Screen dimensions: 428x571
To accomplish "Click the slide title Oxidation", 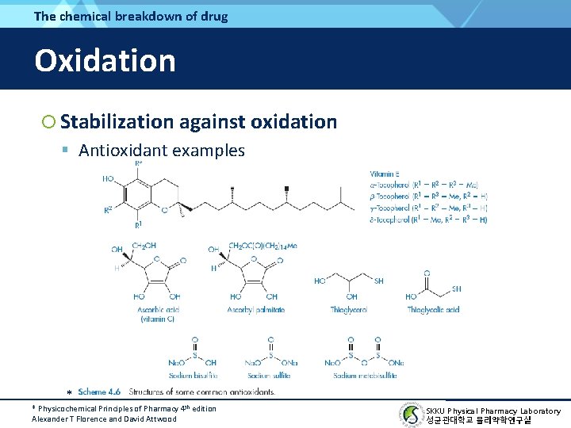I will click(105, 60).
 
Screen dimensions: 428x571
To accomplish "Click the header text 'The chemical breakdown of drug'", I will click(131, 16).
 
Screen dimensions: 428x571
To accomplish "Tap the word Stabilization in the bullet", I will click(116, 121).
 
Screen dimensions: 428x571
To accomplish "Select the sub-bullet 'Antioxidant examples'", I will click(162, 150).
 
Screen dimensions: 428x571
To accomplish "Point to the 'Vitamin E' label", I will click(385, 174).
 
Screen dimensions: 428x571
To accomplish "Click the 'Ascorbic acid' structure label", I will click(157, 309).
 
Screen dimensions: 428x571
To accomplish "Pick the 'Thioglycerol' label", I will click(348, 309).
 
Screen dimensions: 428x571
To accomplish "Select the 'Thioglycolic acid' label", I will click(433, 309).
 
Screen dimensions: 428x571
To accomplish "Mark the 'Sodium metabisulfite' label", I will click(364, 375).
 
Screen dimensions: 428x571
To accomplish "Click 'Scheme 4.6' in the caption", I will click(99, 392).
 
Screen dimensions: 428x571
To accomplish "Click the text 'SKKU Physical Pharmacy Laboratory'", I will click(492, 411).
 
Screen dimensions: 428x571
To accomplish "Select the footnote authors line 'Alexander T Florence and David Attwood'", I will click(104, 418).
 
